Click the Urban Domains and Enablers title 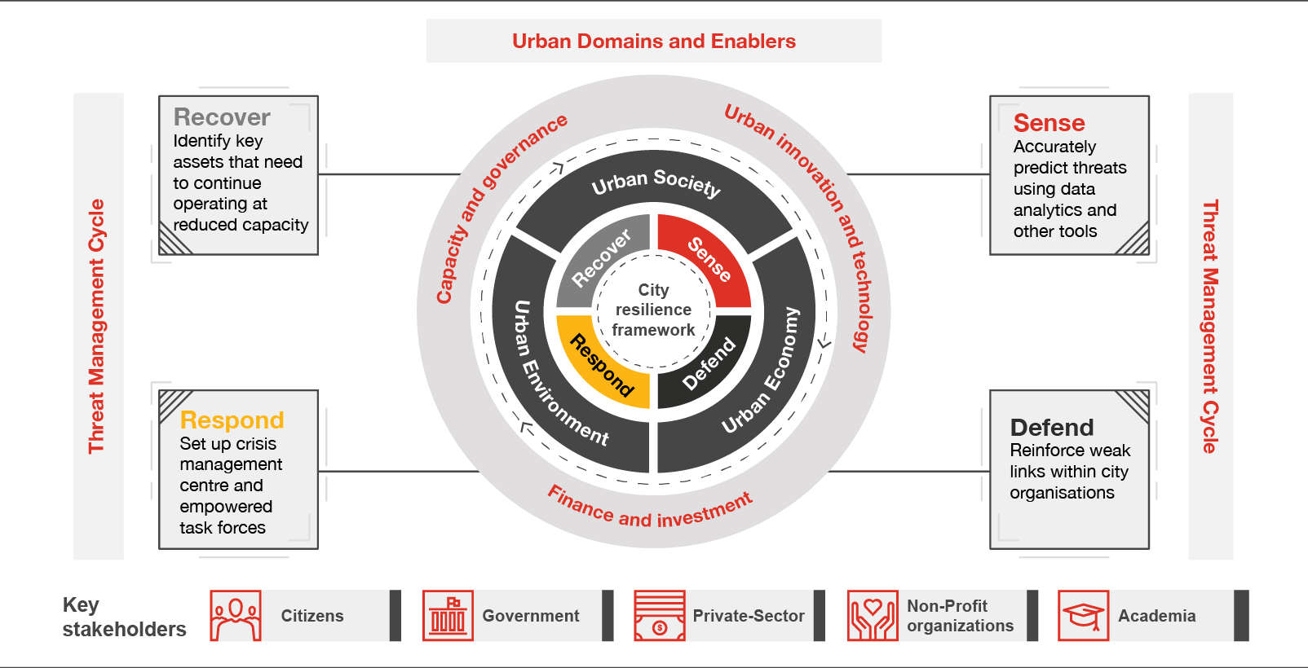(x=654, y=42)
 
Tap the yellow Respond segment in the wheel (x=602, y=365)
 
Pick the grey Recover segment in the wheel (x=602, y=258)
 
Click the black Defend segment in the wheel (x=708, y=364)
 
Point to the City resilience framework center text (x=653, y=310)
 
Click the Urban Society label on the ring (x=656, y=182)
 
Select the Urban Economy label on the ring (x=762, y=371)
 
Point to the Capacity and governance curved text (x=499, y=208)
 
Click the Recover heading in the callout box (x=222, y=117)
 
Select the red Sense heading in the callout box (x=1049, y=123)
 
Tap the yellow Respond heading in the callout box (x=232, y=420)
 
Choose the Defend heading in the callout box (x=1051, y=428)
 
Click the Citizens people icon (x=236, y=616)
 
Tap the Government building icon (x=448, y=616)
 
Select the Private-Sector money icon (x=659, y=616)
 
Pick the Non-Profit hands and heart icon (x=872, y=616)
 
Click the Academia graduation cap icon (x=1083, y=616)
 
